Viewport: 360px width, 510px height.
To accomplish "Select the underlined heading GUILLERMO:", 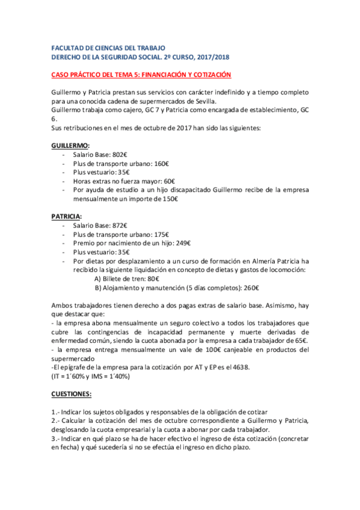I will [x=70, y=146].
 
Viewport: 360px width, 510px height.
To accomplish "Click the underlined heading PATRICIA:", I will [x=67, y=215].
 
